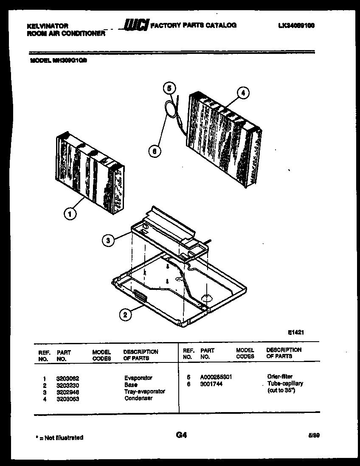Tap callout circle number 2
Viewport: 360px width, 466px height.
[124, 314]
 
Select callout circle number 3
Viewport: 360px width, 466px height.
[108, 241]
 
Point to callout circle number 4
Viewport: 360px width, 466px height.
[242, 93]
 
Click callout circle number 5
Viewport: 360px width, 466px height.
[169, 88]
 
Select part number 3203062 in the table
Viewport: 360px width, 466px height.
[67, 378]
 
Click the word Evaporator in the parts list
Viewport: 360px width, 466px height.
[138, 378]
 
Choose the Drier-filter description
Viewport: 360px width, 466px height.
[280, 376]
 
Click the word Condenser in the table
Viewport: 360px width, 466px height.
[138, 399]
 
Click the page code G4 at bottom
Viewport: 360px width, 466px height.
[181, 435]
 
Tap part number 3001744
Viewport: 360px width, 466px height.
[211, 384]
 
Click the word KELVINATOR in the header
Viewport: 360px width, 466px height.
[47, 26]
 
